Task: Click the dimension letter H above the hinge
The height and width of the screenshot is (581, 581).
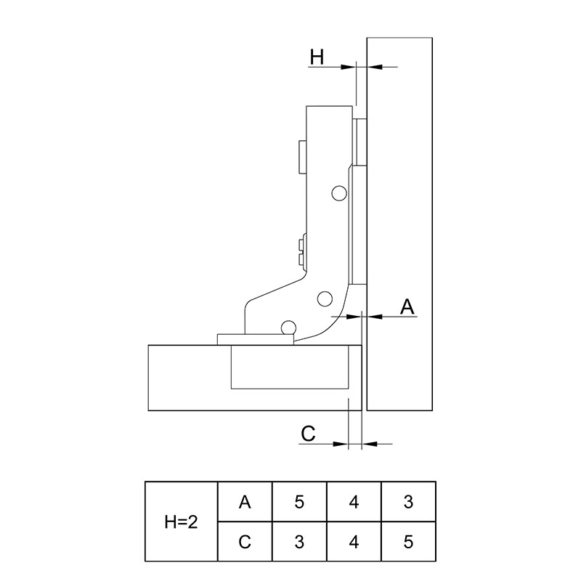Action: coord(317,57)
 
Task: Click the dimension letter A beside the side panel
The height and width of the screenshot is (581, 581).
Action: coord(407,306)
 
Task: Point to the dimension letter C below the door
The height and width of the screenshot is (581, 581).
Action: coord(308,433)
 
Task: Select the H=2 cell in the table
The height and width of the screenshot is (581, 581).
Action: coord(181,521)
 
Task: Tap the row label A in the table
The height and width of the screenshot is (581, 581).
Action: coord(245,502)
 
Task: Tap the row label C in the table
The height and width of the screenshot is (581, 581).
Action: coord(245,542)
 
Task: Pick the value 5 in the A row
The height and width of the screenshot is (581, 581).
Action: coord(299,502)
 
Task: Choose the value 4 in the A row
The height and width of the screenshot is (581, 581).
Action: coord(354,502)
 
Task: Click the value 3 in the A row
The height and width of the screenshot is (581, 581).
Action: coord(408,502)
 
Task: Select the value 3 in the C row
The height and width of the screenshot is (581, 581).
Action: coord(299,542)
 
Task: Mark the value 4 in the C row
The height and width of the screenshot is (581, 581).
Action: coord(354,542)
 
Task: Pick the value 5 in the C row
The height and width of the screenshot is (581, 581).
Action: coord(408,542)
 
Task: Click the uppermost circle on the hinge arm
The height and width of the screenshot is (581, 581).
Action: coord(339,193)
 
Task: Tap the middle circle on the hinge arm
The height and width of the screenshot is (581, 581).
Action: coord(325,298)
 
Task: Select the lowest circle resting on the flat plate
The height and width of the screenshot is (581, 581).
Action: coord(288,328)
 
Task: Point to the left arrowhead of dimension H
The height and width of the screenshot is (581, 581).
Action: coord(349,67)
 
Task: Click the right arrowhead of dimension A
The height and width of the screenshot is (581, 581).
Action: coord(374,317)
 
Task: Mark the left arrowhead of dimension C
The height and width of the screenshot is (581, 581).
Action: coord(341,444)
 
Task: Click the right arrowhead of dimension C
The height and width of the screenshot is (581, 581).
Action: coord(370,444)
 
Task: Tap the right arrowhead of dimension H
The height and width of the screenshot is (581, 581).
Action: coord(374,67)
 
